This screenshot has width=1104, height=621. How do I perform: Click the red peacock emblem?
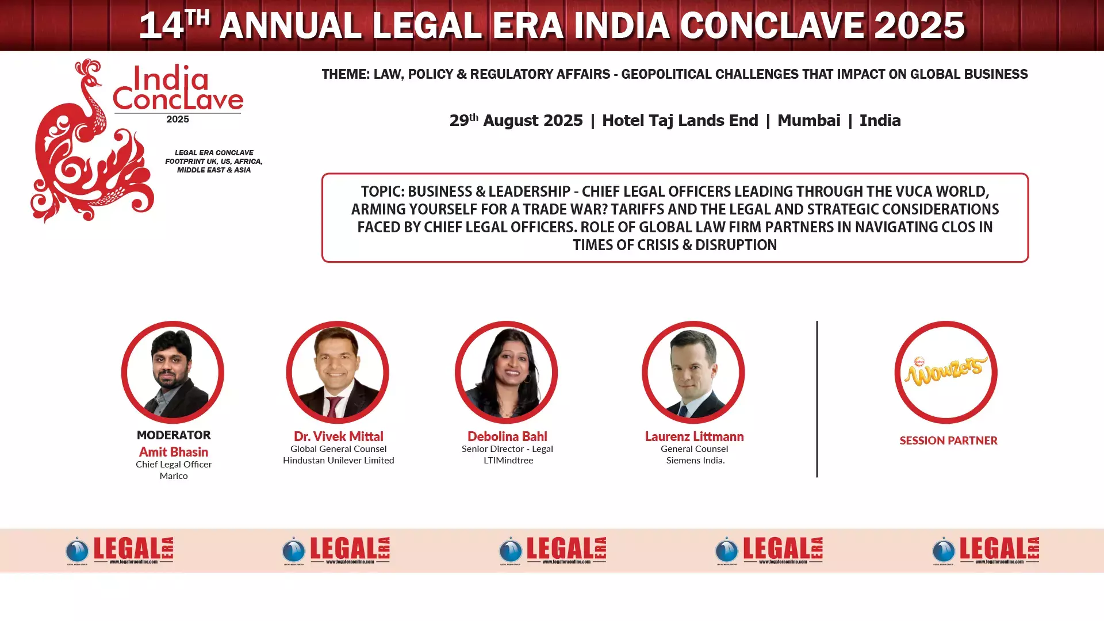click(x=92, y=141)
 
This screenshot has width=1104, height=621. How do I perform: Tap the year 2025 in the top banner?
click(x=919, y=25)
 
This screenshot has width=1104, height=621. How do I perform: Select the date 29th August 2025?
click(x=516, y=120)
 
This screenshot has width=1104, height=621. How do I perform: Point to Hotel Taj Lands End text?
click(x=680, y=120)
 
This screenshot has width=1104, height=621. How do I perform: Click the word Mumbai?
click(x=808, y=120)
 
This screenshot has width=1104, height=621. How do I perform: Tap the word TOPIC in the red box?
click(x=382, y=191)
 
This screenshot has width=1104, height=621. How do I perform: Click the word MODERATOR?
click(x=174, y=435)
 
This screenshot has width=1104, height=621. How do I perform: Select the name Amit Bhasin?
click(x=174, y=452)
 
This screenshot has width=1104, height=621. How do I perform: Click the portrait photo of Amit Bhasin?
click(x=172, y=373)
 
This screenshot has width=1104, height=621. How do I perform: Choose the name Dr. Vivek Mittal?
click(x=338, y=436)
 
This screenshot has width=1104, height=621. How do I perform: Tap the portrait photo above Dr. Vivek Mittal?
click(x=338, y=373)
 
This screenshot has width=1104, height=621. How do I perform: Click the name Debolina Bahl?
click(x=507, y=436)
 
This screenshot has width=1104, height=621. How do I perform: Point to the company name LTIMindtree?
click(x=508, y=460)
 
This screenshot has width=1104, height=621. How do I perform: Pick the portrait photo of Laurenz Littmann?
click(x=693, y=373)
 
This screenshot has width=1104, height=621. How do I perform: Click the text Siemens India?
click(x=695, y=460)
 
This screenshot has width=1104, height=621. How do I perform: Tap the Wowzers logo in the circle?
click(x=946, y=371)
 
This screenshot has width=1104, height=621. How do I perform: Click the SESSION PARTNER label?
click(x=948, y=440)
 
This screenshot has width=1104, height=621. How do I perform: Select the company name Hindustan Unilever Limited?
click(x=338, y=460)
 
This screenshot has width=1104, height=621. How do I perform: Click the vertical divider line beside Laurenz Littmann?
click(x=816, y=399)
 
